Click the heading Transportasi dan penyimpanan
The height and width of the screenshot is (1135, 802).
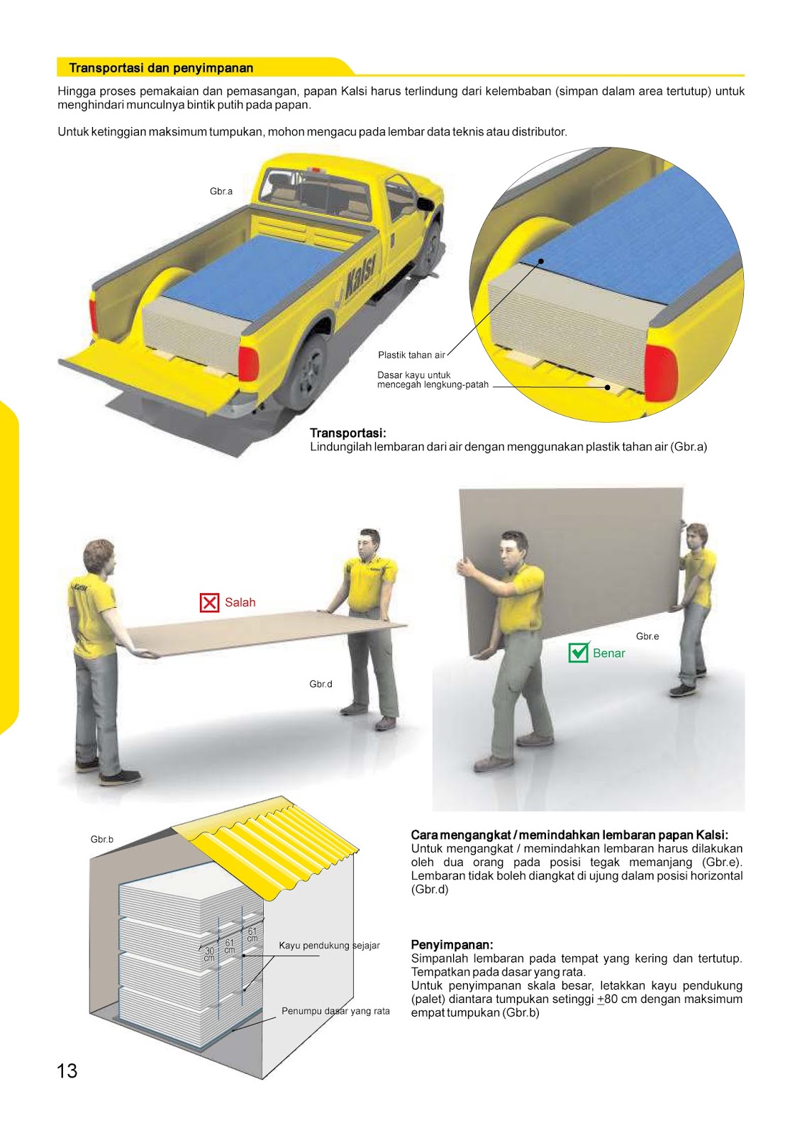[161, 68]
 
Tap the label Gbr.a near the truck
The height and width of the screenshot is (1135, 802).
[221, 192]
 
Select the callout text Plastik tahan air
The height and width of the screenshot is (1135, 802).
[411, 355]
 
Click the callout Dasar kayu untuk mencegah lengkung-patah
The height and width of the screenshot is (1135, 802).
[433, 380]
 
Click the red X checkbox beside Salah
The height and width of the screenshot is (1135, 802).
[209, 603]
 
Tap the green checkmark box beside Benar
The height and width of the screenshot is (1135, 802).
[579, 653]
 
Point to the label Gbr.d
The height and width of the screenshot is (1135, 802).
[321, 685]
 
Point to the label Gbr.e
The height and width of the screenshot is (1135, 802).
[647, 636]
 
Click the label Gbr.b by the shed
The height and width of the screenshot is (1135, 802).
[101, 839]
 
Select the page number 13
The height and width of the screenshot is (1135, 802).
[67, 1071]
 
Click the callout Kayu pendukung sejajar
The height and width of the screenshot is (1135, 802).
[329, 946]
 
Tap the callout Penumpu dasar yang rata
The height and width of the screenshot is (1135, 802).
[335, 1011]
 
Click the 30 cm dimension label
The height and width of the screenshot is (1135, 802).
[209, 954]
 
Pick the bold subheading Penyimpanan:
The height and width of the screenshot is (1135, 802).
[452, 945]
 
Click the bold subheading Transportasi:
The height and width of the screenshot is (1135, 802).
[347, 433]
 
